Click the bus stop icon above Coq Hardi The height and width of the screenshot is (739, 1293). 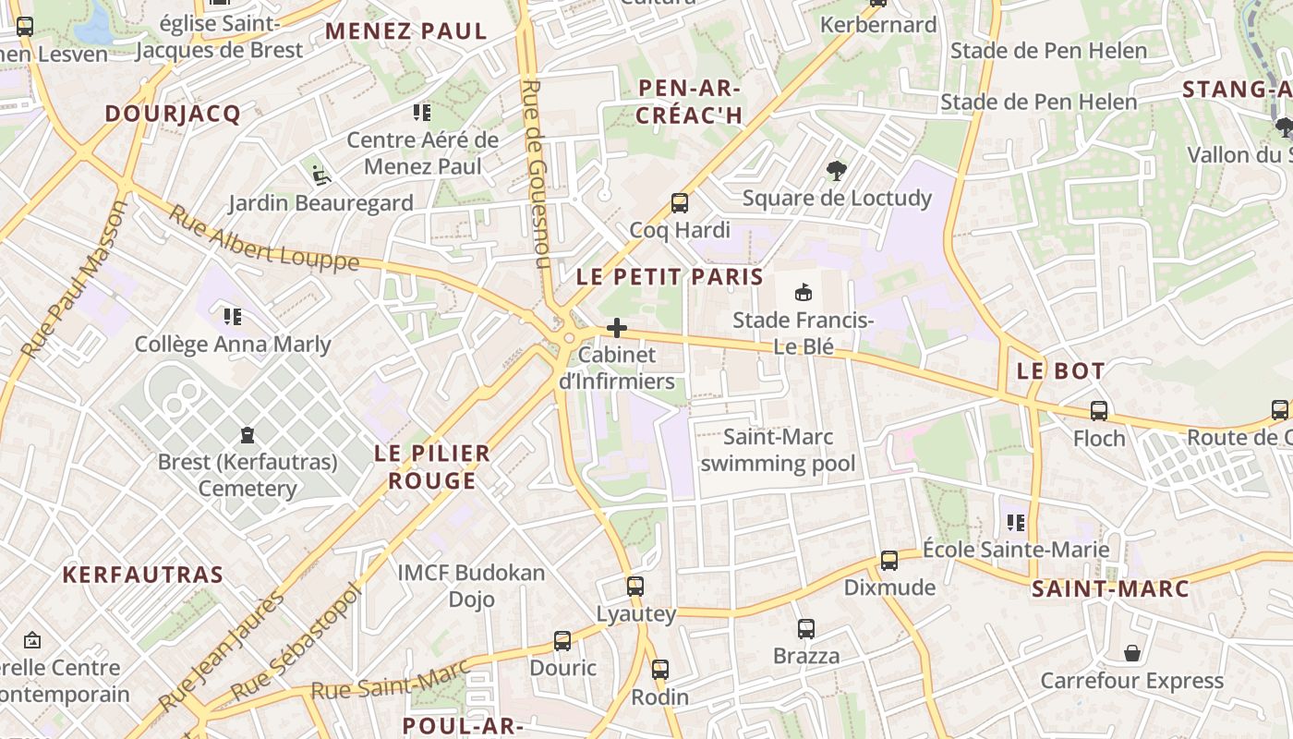(680, 203)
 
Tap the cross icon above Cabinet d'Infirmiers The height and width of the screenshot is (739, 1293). (617, 328)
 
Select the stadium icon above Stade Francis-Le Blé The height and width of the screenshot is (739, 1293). (804, 293)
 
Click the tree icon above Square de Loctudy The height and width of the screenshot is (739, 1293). (837, 171)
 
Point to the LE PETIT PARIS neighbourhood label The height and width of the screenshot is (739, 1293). (670, 276)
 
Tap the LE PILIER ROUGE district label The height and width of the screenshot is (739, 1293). (433, 466)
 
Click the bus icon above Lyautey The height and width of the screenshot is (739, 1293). (635, 586)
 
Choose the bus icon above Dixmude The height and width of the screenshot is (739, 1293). (889, 560)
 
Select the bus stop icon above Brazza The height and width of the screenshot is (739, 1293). (806, 629)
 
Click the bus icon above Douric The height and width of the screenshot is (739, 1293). (562, 640)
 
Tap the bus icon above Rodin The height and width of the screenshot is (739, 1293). (659, 670)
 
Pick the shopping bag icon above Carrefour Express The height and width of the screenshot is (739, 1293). (1132, 654)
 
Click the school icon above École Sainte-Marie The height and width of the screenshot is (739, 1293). (1016, 523)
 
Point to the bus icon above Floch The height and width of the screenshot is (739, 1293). (1099, 411)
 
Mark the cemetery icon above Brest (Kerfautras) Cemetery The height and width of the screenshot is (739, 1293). (248, 434)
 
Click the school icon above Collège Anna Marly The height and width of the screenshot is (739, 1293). (233, 318)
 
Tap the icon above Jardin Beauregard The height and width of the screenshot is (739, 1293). (320, 175)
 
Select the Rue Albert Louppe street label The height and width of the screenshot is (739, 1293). (263, 238)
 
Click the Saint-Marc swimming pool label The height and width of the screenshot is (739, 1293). (778, 450)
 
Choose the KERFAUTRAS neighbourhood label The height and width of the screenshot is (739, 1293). (143, 575)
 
